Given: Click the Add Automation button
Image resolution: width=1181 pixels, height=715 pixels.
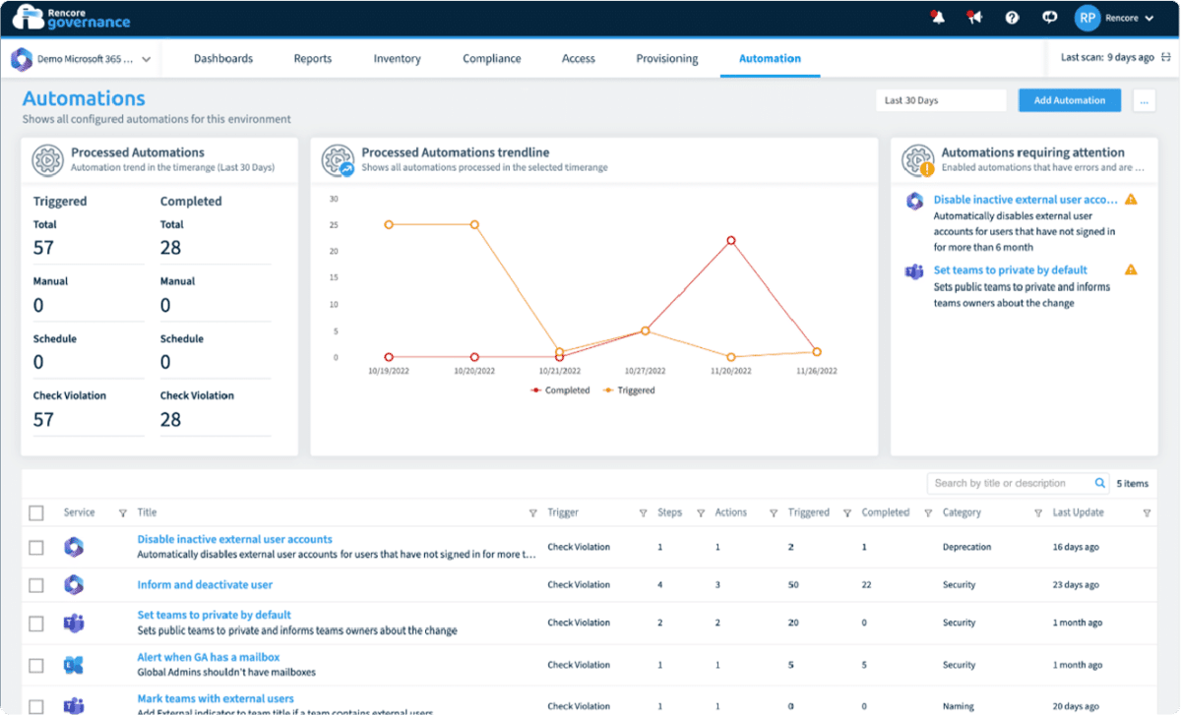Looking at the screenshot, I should pyautogui.click(x=1069, y=100).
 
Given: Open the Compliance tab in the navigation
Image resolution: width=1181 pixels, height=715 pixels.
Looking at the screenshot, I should pyautogui.click(x=492, y=59).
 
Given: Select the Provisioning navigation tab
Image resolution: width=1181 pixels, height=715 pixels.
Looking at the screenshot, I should pyautogui.click(x=667, y=59).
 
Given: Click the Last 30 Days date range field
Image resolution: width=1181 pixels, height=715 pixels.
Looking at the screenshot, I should pyautogui.click(x=940, y=100).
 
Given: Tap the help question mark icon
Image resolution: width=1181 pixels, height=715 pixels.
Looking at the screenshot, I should pyautogui.click(x=1012, y=18).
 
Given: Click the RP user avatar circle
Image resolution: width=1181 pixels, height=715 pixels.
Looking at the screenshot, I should pyautogui.click(x=1087, y=18).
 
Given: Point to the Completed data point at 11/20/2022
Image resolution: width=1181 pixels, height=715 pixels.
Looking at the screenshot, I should pyautogui.click(x=731, y=240).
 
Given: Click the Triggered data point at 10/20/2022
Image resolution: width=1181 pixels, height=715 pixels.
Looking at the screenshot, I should pyautogui.click(x=474, y=224).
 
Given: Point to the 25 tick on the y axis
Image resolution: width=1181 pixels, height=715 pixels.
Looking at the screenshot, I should pyautogui.click(x=334, y=224).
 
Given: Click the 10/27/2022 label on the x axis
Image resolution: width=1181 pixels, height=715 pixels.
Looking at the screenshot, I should pyautogui.click(x=646, y=372).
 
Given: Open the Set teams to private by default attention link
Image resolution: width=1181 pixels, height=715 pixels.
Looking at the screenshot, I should pyautogui.click(x=1010, y=269).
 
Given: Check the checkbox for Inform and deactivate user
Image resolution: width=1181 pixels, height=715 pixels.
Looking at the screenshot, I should pyautogui.click(x=36, y=585).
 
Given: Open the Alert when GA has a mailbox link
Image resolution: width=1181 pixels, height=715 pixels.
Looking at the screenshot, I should pyautogui.click(x=209, y=657).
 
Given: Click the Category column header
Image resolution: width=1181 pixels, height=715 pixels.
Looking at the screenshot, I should pyautogui.click(x=962, y=512).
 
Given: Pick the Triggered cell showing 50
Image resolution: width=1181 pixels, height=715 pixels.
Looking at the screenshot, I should pyautogui.click(x=793, y=585).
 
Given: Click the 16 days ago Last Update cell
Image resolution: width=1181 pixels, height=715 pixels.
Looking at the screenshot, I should pyautogui.click(x=1076, y=547).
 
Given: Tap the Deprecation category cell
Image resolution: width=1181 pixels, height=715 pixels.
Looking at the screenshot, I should pyautogui.click(x=966, y=547).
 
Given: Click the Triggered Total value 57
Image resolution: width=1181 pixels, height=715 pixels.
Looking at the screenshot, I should pyautogui.click(x=43, y=248).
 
